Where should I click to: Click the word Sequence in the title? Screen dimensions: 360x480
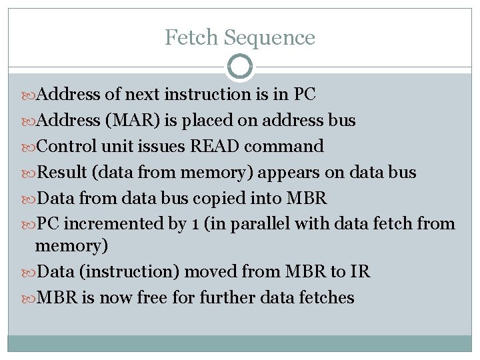coord(269,37)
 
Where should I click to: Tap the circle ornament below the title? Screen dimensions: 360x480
coord(240,67)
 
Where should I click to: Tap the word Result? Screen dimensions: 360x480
coord(63,173)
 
